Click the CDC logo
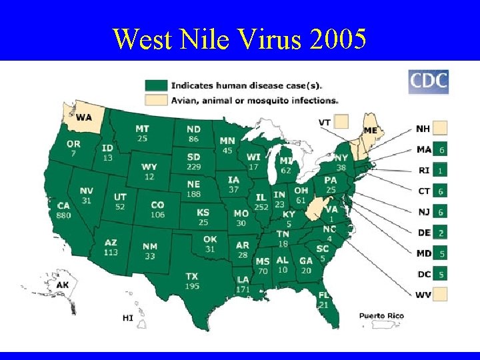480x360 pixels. (x=428, y=82)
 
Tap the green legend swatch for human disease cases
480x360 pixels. (x=156, y=85)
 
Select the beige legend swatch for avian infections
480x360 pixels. (x=156, y=99)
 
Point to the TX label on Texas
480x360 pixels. (x=191, y=276)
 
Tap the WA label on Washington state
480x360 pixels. (x=84, y=117)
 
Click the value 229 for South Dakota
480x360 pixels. (x=194, y=166)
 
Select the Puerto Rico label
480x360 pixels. (x=381, y=315)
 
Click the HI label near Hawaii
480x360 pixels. (x=127, y=318)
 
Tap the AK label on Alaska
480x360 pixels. (x=63, y=285)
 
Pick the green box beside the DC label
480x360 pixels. (x=440, y=273)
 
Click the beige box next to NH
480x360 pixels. (x=440, y=128)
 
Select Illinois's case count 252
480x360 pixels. (x=261, y=207)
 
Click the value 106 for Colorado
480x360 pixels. (x=157, y=215)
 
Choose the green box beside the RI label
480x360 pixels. (x=440, y=170)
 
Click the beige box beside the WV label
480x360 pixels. (x=440, y=294)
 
